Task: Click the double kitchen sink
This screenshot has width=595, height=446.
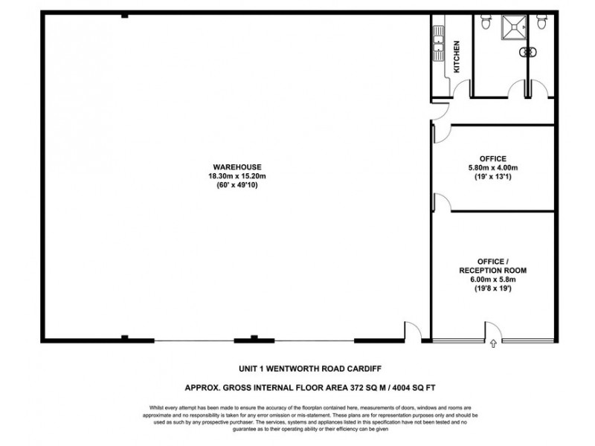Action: point(438,49)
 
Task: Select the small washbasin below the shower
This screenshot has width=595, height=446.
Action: point(530,52)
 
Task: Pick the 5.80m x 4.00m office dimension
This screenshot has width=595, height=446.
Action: point(493,168)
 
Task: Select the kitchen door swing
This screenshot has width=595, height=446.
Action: point(462,90)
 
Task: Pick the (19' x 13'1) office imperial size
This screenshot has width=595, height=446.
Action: point(493,177)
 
